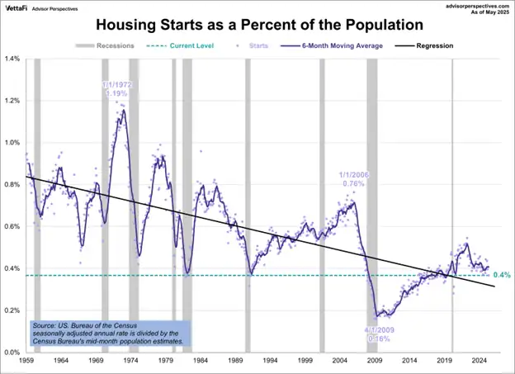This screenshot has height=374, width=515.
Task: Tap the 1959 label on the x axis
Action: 26,361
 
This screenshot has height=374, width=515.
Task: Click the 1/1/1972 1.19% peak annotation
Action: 116,89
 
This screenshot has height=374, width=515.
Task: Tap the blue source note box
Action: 109,333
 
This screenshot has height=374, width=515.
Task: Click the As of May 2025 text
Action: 487,12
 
